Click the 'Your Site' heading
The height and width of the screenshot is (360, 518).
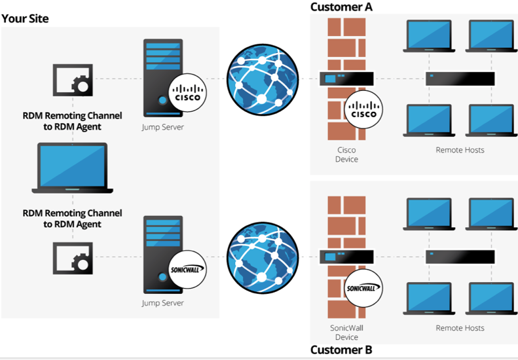tap(25, 18)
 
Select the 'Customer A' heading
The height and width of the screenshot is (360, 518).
tap(341, 7)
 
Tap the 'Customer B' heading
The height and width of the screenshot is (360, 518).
tap(341, 350)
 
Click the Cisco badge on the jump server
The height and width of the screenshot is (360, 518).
tap(188, 93)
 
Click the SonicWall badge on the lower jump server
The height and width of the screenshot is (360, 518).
tap(188, 268)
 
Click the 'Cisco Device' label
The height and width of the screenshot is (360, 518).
tap(346, 154)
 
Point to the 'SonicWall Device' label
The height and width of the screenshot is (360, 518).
tap(346, 332)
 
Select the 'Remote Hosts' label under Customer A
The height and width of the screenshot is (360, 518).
tap(460, 150)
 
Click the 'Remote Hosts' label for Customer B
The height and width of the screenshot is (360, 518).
tap(460, 328)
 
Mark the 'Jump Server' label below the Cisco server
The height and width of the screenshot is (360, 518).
tap(162, 127)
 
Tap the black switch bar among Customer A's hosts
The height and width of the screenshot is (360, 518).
tap(460, 79)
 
